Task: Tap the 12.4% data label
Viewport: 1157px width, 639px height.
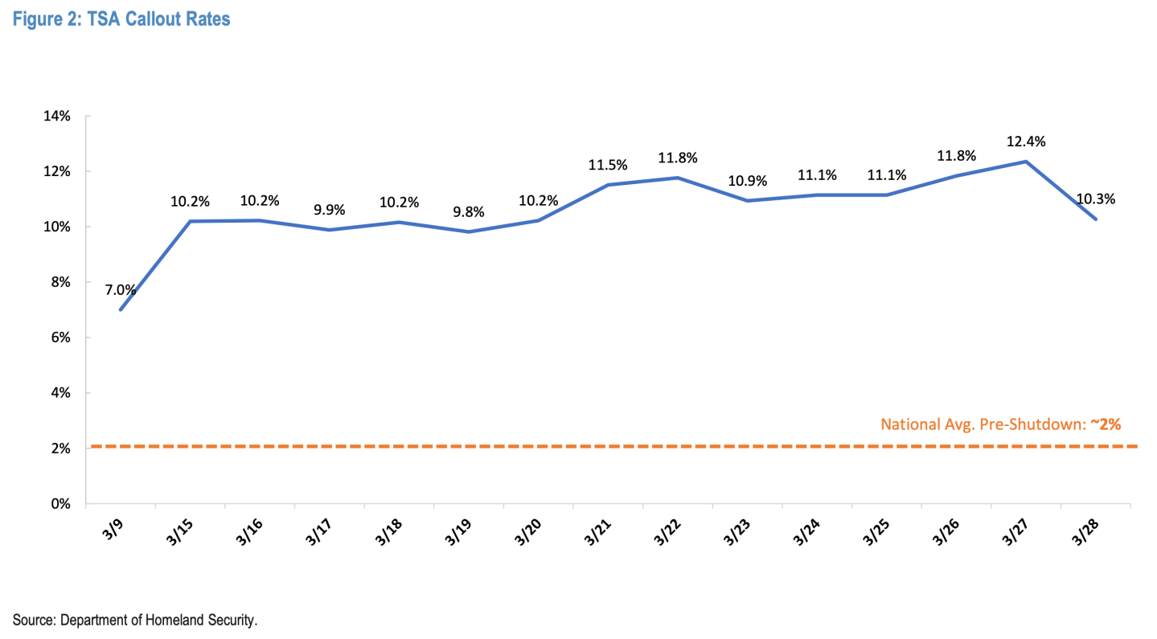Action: click(1026, 141)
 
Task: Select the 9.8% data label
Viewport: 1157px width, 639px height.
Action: click(469, 211)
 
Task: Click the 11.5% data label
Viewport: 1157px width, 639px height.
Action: click(608, 165)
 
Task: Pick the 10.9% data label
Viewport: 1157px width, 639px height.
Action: click(747, 180)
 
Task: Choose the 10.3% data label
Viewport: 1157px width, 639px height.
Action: click(1095, 199)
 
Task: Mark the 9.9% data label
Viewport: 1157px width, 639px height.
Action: click(330, 210)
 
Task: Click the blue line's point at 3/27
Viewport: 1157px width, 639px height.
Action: click(1026, 162)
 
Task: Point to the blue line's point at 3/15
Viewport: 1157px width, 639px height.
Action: click(191, 221)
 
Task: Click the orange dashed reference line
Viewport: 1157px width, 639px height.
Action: click(563, 446)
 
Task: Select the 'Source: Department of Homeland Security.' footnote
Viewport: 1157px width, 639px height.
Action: click(135, 620)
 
